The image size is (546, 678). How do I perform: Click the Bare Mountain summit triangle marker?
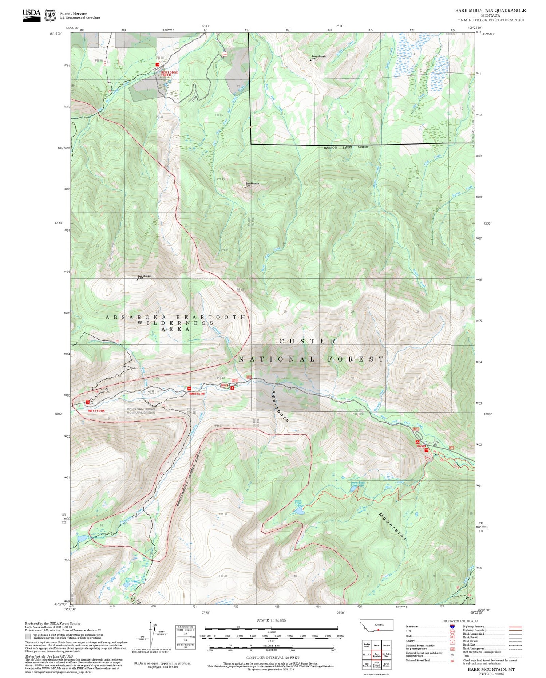(137, 280)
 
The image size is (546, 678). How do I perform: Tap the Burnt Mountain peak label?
(252, 184)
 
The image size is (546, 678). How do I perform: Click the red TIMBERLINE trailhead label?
(197, 394)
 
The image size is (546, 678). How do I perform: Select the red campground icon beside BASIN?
(418, 442)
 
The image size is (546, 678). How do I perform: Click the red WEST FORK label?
(96, 411)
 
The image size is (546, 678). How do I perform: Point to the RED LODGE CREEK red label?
(169, 74)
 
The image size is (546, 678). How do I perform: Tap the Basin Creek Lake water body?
(300, 512)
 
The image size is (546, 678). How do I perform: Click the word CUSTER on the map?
(308, 341)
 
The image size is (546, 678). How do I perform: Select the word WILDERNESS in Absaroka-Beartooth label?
(175, 323)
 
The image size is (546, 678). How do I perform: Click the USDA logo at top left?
(32, 15)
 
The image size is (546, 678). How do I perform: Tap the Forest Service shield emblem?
(50, 16)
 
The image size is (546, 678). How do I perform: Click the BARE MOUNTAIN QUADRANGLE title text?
(490, 11)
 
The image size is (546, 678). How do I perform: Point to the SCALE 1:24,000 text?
(271, 621)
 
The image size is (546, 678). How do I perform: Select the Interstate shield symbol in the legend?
(452, 627)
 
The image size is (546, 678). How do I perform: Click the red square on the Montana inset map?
(379, 629)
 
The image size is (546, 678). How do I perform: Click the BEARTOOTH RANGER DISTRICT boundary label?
(346, 147)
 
